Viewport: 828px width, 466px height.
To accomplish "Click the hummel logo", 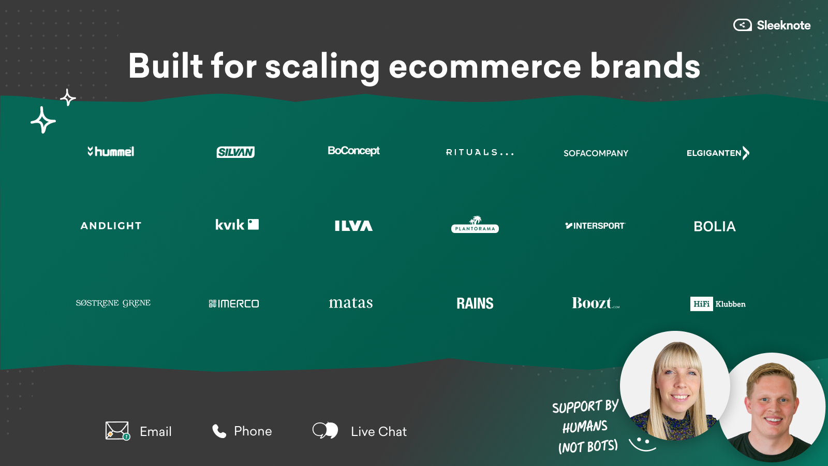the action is coord(111,151).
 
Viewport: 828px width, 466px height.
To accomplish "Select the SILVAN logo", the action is coord(235,152).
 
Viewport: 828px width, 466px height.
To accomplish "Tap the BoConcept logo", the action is coord(354,151).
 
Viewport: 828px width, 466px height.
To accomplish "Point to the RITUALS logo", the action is coord(480,152).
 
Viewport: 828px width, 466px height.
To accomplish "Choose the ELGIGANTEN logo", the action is coord(718,153).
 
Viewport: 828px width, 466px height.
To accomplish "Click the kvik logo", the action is coord(237,225).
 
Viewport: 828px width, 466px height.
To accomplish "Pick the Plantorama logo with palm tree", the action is coord(475,225).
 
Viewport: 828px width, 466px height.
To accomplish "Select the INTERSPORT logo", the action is coord(595,226).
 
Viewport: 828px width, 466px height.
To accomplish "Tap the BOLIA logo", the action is coord(715,226).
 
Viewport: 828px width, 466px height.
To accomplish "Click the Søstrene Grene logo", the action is coord(113,303).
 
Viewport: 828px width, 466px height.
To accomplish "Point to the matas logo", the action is coord(351,303).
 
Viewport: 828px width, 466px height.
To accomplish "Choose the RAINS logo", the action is coord(475,303).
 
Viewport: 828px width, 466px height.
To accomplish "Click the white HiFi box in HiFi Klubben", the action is coord(702,304).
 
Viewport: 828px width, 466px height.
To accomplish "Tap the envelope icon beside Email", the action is coord(117,431).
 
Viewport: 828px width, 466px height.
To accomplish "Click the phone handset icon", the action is coord(219,431).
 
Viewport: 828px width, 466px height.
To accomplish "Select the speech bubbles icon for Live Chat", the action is coord(326,431).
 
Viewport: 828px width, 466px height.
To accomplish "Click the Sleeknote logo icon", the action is coord(742,25).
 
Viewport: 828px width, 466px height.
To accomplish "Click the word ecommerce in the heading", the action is coord(485,66).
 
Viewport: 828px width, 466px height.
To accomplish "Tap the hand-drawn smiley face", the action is coord(642,444).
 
